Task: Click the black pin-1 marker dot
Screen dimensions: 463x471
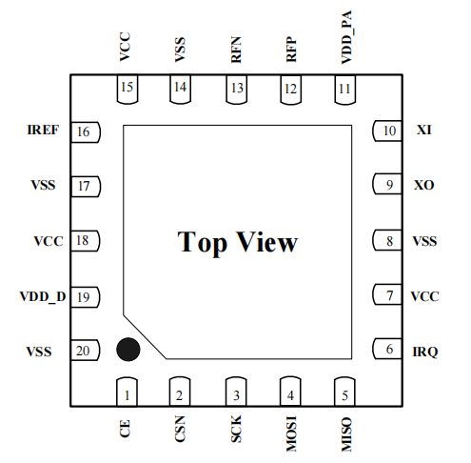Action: point(128,350)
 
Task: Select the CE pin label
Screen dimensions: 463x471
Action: point(126,429)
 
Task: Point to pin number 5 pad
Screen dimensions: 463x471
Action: point(346,390)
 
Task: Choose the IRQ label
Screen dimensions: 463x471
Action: point(424,352)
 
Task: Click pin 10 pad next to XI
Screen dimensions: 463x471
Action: point(388,131)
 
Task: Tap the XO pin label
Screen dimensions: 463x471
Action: point(424,185)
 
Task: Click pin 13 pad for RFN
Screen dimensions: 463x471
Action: point(236,90)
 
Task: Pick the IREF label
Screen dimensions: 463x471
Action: point(45,131)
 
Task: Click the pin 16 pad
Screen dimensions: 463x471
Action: point(85,131)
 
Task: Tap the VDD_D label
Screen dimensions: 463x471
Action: point(43,297)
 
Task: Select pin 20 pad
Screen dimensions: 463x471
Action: point(85,352)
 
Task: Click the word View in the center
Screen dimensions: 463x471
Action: point(267,242)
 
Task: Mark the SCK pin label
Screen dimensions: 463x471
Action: point(236,431)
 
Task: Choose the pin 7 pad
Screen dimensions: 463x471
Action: point(388,296)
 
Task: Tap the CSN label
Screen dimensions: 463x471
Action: point(181,431)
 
